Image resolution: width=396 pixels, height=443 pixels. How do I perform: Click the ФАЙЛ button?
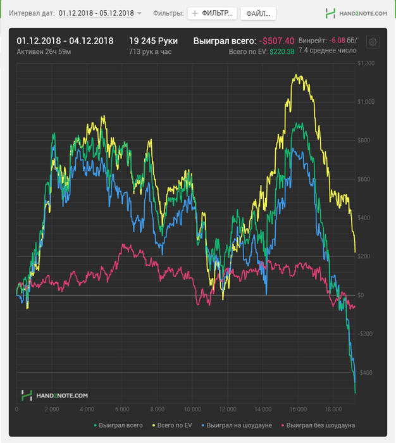pos(258,13)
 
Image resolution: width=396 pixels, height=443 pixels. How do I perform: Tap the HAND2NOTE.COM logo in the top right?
pos(356,13)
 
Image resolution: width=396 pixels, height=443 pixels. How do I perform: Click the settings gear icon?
pos(373,42)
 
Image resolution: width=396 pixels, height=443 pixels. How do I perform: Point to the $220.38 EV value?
pos(282,52)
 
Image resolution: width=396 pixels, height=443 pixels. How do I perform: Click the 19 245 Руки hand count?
pos(153,41)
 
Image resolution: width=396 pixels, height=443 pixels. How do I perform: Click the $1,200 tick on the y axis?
pos(366,63)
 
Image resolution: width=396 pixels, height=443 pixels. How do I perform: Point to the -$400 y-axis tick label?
pos(365,372)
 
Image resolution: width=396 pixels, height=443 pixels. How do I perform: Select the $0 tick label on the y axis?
pos(361,295)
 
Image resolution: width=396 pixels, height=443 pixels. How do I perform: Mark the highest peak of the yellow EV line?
pos(295,75)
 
